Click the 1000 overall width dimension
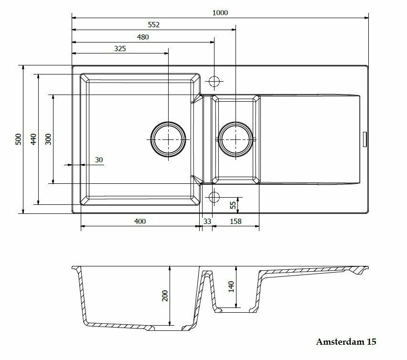pos(220,12)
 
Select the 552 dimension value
pos(153,25)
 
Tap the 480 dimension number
pos(143,37)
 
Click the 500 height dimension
pos(18,139)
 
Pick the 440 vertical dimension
pos(33,139)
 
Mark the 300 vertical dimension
pos(48,139)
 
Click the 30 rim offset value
pos(99,160)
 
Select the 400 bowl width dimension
pos(139,221)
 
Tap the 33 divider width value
pos(207,221)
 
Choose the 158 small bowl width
pos(236,221)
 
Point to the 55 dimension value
pos(233,205)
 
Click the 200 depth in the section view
pos(165,296)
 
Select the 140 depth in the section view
pos(231,286)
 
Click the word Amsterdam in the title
pos(340,342)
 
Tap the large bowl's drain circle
pos(168,139)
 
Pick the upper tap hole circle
pos(214,82)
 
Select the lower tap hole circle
pos(214,197)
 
